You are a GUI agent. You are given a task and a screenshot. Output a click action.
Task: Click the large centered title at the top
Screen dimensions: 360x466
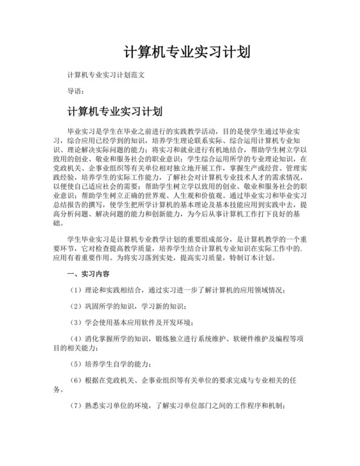[x=186, y=51]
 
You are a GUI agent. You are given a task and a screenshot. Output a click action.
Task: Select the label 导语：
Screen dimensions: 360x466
[x=78, y=91]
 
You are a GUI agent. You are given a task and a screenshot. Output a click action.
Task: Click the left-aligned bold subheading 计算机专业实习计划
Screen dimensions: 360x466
[x=110, y=111]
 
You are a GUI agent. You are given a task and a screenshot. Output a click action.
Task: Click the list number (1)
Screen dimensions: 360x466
[x=75, y=289]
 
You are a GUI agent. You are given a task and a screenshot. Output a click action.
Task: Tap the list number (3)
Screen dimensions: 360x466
[x=75, y=321]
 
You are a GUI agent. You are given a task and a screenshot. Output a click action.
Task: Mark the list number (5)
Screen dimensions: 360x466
[x=75, y=363]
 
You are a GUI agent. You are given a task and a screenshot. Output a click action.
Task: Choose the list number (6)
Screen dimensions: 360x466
[x=75, y=380]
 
